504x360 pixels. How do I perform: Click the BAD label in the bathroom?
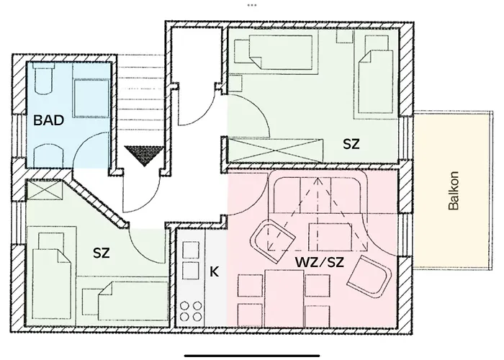pos(49,120)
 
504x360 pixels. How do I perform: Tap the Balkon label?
pos(453,193)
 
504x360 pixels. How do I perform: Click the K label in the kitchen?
pos(213,273)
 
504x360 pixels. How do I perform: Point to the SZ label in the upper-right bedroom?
pos(351,143)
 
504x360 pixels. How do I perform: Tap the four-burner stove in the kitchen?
pos(191,311)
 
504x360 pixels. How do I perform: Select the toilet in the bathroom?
pos(42,79)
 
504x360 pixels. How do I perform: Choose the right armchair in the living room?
pos(369,274)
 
